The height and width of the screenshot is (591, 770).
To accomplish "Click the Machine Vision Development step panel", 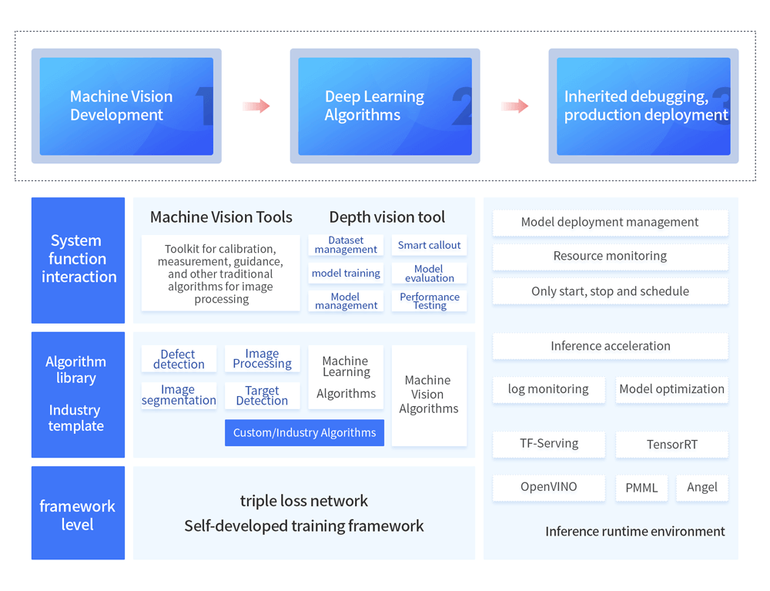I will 126,106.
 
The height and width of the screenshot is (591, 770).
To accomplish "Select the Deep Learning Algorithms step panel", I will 385,106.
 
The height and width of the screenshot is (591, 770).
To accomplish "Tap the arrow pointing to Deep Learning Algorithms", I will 256,106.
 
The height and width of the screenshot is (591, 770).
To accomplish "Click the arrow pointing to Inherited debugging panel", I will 514,106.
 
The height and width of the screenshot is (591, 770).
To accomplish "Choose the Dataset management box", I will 346,245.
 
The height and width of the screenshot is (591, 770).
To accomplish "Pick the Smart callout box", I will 429,245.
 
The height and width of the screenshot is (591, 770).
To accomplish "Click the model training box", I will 346,273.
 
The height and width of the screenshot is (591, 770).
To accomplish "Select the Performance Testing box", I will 429,301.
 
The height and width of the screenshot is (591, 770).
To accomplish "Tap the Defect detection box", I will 179,359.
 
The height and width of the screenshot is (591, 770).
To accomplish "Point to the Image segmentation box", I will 179,395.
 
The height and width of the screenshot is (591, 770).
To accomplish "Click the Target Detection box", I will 262,395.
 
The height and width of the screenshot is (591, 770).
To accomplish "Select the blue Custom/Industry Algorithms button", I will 304,432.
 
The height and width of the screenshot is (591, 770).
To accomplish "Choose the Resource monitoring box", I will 610,256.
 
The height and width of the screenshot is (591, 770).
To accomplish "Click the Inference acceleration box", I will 610,346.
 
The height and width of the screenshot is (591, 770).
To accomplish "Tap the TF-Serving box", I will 548,444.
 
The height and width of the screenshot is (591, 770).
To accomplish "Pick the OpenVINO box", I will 548,487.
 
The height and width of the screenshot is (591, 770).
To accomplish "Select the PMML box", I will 641,488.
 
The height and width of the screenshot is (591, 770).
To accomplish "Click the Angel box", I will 701,487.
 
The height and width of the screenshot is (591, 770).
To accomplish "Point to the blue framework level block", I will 78,513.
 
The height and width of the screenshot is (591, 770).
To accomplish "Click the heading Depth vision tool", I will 387,217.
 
